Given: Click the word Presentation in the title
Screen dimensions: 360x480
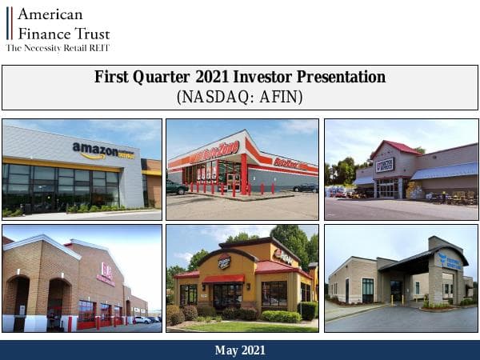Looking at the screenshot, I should point(347,78).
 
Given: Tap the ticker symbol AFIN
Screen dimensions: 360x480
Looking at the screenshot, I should point(281,97).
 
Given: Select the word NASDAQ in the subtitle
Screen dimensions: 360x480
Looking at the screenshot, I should point(212,97).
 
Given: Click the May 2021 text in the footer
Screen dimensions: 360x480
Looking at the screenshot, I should point(240,350).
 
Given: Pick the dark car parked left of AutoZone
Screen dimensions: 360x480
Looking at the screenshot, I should point(177,187).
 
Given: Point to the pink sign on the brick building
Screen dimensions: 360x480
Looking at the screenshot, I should point(105,274).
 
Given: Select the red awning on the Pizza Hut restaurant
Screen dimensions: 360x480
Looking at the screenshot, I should point(223,278).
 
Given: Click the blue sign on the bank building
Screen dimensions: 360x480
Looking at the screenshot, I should point(449,260).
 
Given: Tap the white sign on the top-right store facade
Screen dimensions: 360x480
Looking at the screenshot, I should point(385,165).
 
